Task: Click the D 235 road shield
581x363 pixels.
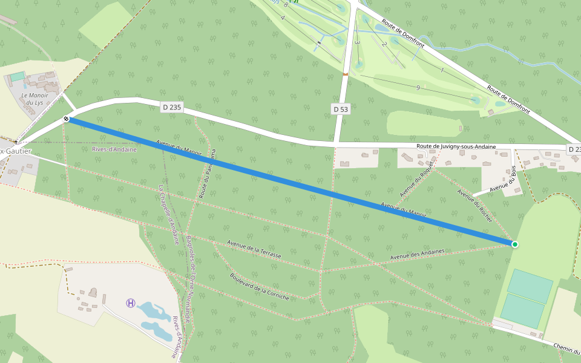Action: point(172,107)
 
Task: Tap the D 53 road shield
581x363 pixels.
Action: point(341,109)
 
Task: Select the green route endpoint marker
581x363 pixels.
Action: point(514,244)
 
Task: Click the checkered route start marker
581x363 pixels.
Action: point(66,119)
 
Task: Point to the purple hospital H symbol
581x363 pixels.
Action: point(131,302)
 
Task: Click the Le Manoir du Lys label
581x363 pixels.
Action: point(34,99)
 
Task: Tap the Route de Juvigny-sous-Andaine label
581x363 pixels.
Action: point(456,147)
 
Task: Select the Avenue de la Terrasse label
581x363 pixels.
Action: point(254,249)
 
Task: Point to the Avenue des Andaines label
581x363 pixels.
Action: point(417,254)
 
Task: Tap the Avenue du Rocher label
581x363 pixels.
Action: point(475,206)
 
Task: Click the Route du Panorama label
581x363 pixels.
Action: point(207,174)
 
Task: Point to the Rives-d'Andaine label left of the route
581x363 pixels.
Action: point(114,149)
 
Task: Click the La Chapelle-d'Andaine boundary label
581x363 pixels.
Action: point(169,214)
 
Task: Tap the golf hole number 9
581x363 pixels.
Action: point(418,88)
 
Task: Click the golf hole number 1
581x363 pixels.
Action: point(442,71)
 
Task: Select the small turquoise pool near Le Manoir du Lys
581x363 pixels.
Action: point(17,77)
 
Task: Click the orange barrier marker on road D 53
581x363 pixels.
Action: point(345,74)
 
